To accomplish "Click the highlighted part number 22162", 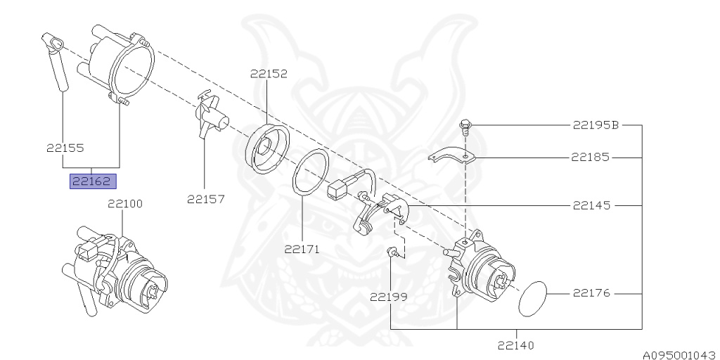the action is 91,181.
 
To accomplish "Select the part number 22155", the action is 65,148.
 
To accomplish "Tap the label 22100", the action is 124,205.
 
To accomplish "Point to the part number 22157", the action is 205,199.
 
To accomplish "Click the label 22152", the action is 268,72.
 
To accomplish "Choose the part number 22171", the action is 302,248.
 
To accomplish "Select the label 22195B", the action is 596,126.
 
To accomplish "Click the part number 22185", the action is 591,157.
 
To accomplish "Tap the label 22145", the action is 591,206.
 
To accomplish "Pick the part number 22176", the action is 591,292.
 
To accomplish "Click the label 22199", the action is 388,297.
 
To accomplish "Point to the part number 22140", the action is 515,345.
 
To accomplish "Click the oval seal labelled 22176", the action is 533,298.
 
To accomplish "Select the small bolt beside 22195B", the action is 465,128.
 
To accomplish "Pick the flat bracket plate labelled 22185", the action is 451,156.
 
